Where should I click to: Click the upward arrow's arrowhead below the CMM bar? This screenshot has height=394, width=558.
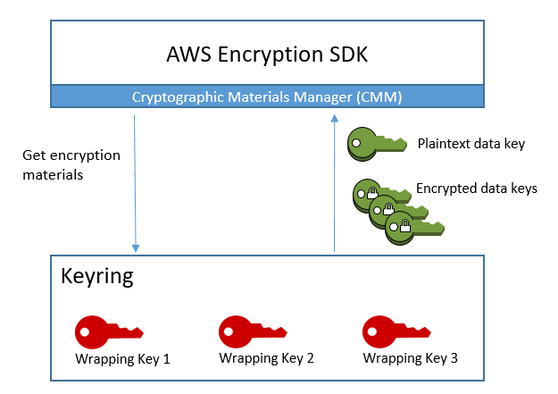pos(335,118)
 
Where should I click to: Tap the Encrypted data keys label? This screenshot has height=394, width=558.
pos(476,189)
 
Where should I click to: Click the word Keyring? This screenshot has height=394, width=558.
pos(96,276)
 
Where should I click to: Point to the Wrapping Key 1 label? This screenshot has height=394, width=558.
pos(122,359)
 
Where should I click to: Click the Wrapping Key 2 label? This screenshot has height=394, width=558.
pos(266,359)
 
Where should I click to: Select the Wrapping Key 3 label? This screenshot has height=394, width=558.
pos(411,359)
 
